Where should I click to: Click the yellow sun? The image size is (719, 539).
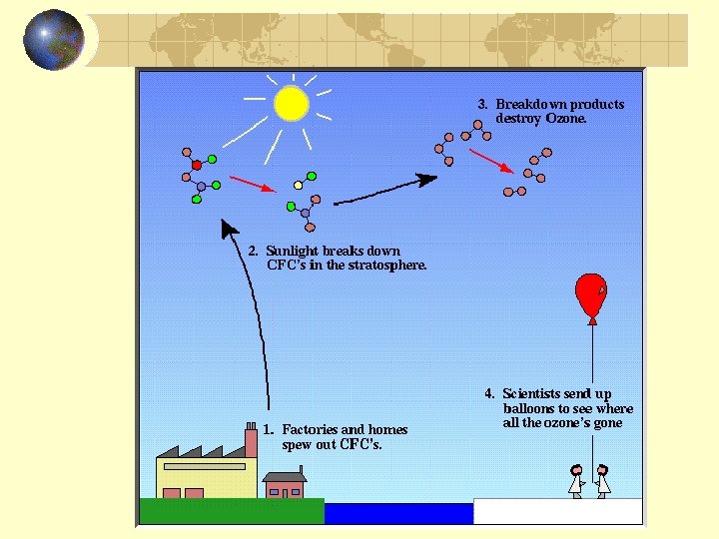click(x=291, y=102)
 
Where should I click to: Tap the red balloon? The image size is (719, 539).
click(x=591, y=292)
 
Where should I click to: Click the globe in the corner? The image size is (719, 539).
click(x=54, y=40)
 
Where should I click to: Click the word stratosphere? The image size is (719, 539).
click(x=391, y=266)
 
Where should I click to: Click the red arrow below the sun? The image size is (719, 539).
click(x=251, y=184)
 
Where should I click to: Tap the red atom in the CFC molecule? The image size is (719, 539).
click(x=197, y=165)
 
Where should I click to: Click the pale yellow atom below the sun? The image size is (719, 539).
click(x=298, y=185)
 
